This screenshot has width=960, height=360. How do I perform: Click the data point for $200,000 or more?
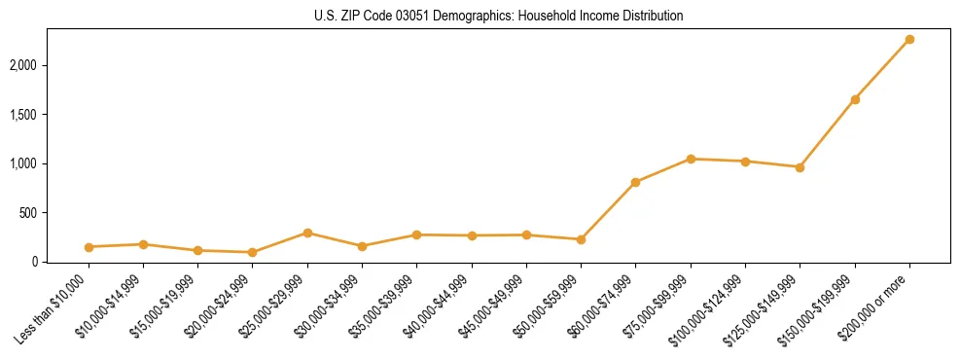click(909, 40)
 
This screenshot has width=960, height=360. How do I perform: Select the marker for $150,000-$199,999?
click(855, 99)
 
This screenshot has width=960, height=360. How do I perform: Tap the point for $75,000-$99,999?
click(691, 159)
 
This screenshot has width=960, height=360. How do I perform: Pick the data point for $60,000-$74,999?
click(635, 182)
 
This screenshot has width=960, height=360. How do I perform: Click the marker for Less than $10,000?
click(89, 247)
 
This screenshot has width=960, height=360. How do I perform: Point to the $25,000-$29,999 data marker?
click(307, 233)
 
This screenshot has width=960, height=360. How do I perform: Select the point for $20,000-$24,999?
click(253, 252)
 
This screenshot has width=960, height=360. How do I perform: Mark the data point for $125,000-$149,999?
click(800, 167)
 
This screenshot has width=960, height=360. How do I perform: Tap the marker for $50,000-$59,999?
click(581, 239)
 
